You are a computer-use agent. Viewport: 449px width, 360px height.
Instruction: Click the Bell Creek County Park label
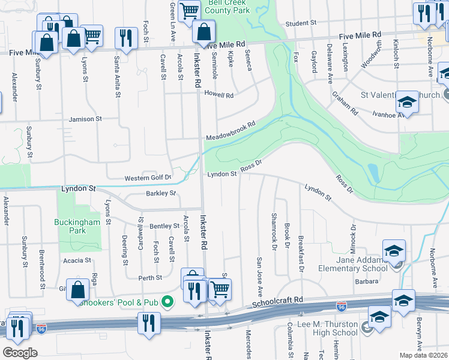pos(231,7)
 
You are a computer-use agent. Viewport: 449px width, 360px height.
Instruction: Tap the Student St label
pos(301,23)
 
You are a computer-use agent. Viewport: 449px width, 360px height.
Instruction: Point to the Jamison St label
pos(85,119)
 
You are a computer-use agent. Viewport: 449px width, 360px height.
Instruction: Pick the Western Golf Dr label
pos(148,178)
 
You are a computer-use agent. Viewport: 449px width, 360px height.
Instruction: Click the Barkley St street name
pos(161,193)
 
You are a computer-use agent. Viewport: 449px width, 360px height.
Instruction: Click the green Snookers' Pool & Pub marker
pos(169,302)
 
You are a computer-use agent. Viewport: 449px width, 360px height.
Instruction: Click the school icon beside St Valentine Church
pos(407,102)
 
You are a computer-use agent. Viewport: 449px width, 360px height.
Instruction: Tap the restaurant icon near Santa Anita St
pos(126,38)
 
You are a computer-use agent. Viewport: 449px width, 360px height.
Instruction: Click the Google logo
pos(20,352)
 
